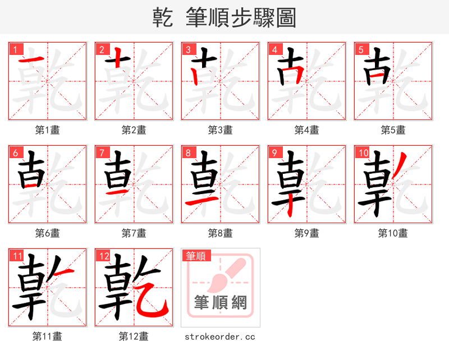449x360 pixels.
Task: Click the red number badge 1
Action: pos(14,49)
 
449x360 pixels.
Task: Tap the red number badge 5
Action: pos(360,49)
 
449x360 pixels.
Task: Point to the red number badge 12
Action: pos(103,256)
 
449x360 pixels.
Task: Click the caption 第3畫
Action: pos(220,130)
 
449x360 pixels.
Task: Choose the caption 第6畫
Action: pos(47,233)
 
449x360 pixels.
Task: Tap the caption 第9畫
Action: pos(306,233)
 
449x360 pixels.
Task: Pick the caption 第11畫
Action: pos(47,336)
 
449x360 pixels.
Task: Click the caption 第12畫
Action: pos(134,336)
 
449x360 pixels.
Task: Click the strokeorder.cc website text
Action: pos(220,336)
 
